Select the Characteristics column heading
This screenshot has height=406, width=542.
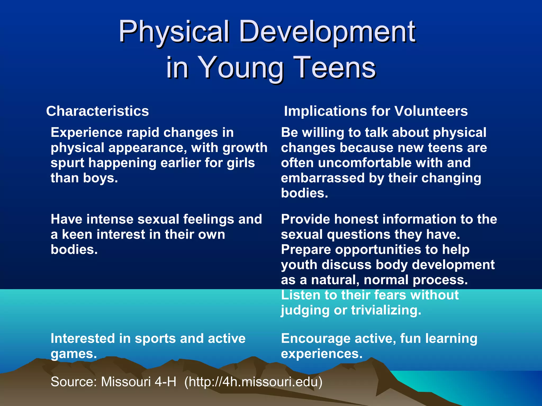tap(97, 111)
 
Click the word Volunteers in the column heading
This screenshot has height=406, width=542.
tap(431, 111)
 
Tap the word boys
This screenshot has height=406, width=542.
tap(100, 178)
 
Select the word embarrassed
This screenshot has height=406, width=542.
tap(323, 178)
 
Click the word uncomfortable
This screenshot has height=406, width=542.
tap(365, 163)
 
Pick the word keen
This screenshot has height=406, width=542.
tap(77, 234)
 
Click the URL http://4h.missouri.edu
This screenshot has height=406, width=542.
tap(253, 382)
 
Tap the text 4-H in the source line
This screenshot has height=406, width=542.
tap(165, 382)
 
